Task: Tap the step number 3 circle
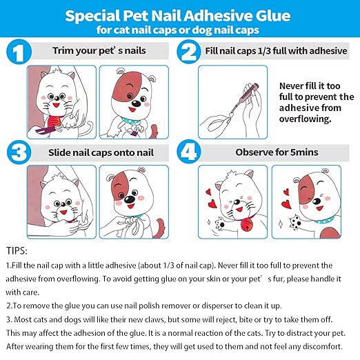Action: coord(21,151)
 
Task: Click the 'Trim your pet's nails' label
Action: coord(99,51)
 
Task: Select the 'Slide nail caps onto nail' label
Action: coord(100,152)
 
